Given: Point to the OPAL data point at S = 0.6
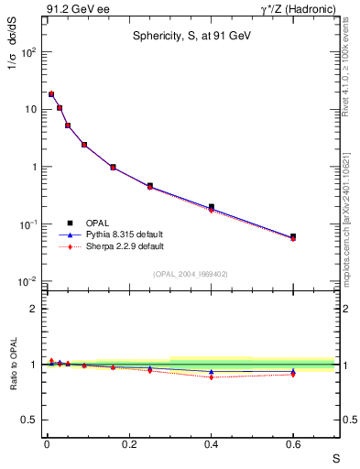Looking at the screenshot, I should coord(293,236).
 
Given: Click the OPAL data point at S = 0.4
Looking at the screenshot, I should coord(211,207).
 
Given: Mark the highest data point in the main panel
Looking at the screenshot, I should coord(51,93).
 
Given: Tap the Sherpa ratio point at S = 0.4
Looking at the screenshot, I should coord(211,376).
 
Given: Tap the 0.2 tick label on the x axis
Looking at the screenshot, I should coord(128,443).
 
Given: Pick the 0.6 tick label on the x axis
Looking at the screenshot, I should coord(293,443).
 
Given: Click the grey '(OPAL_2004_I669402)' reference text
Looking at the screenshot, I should coord(190,274).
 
